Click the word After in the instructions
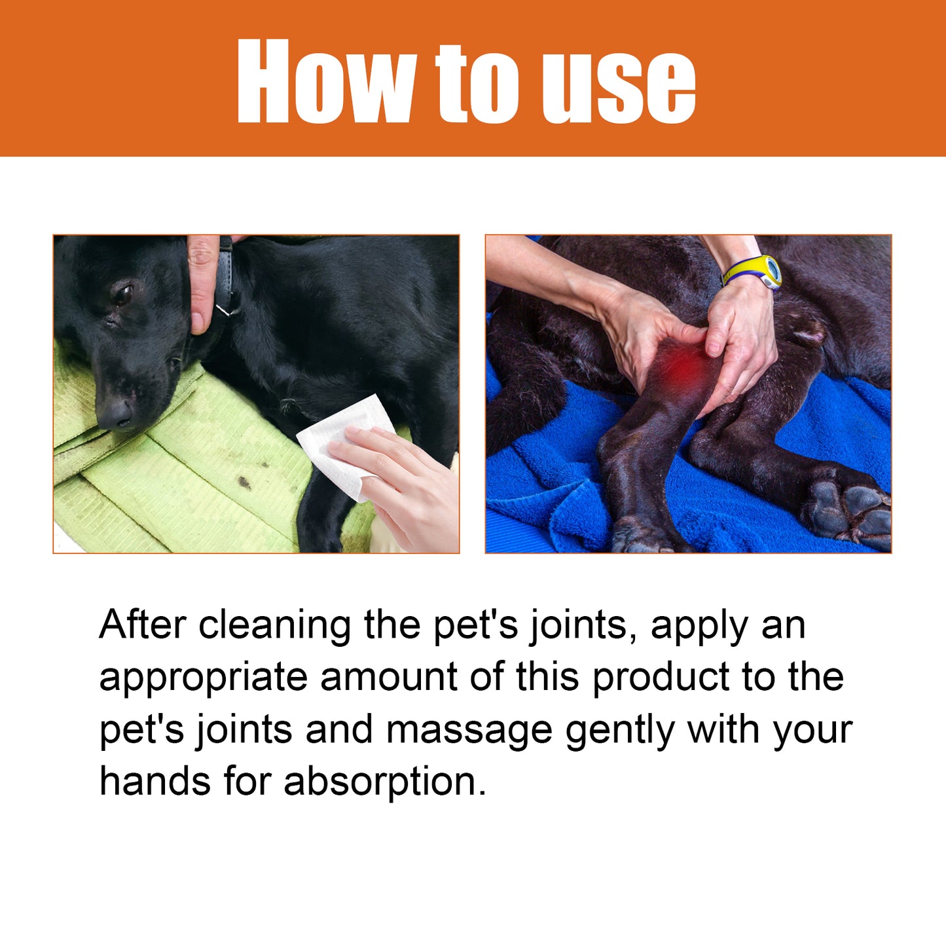click(x=143, y=625)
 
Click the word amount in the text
click(x=389, y=677)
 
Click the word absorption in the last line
click(x=385, y=783)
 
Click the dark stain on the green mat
click(x=244, y=482)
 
